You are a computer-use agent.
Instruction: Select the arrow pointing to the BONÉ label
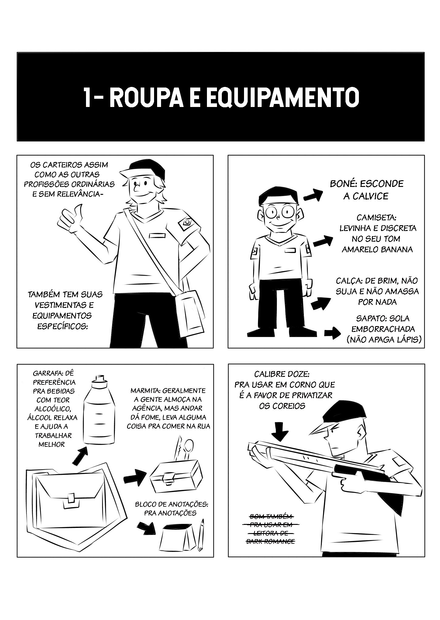(312, 195)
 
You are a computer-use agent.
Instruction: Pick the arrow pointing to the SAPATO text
(333, 333)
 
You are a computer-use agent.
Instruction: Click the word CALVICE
(366, 196)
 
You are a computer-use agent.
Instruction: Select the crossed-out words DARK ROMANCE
(270, 541)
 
